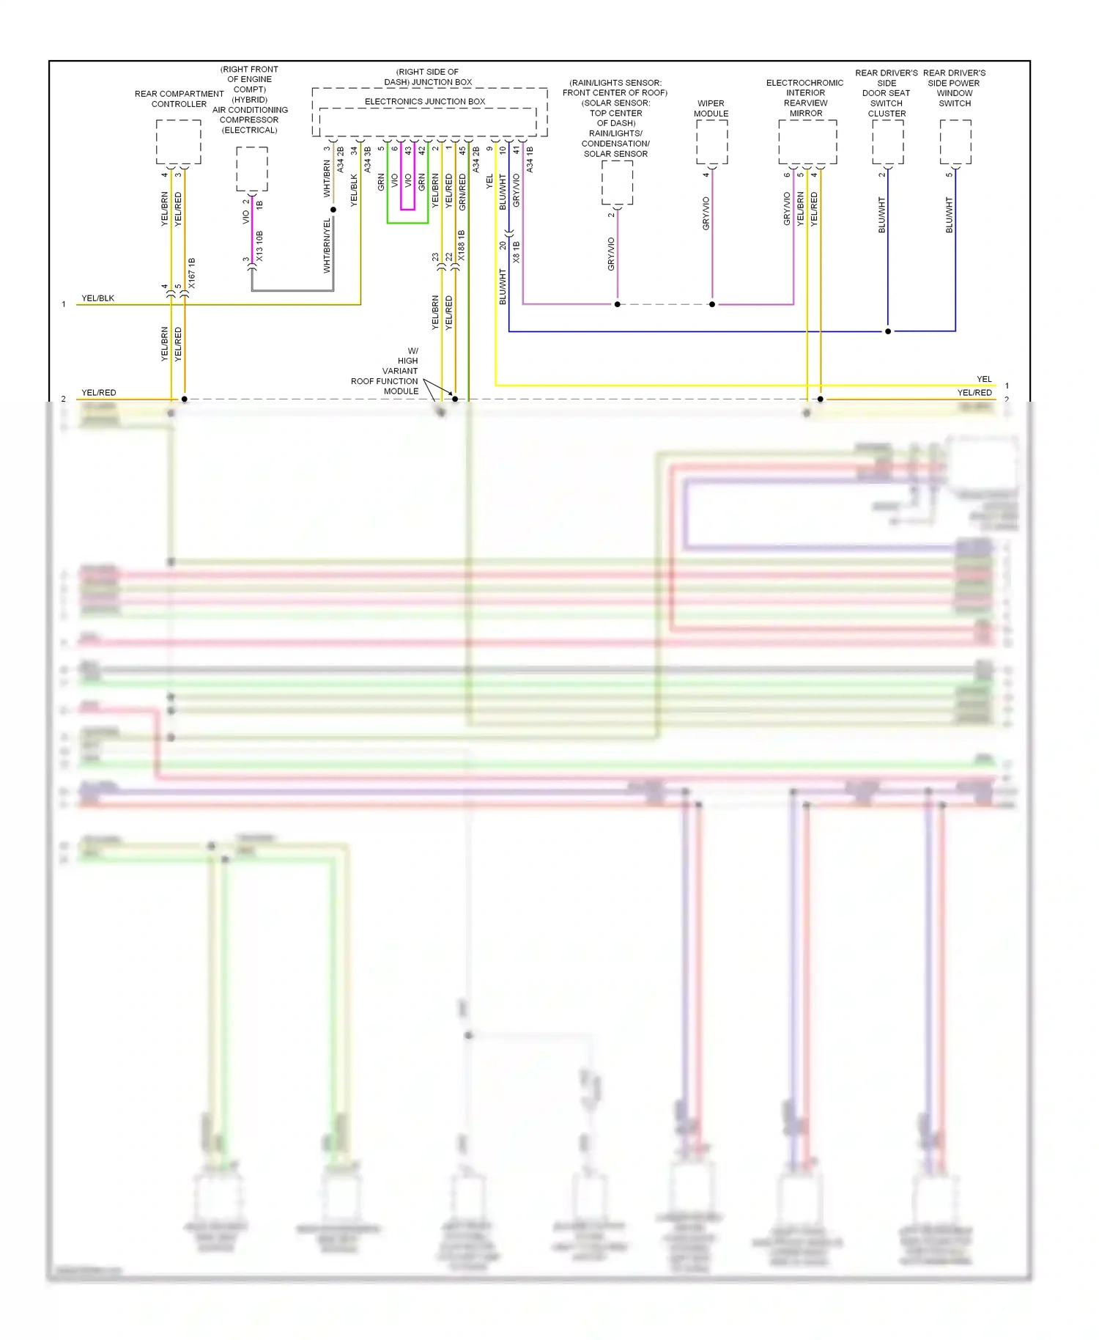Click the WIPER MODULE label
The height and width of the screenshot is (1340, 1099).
pos(711,108)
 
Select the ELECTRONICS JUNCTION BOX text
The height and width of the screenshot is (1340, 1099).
pos(425,101)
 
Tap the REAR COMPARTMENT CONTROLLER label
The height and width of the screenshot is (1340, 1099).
pos(179,99)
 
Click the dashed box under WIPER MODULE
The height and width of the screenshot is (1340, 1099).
pos(711,141)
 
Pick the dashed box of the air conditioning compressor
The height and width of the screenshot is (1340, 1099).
pos(252,169)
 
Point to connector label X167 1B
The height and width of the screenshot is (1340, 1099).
pos(192,273)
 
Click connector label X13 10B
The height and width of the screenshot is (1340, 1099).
pos(259,246)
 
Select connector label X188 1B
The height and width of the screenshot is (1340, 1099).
pos(462,246)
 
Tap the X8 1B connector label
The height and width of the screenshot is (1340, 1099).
pos(517,252)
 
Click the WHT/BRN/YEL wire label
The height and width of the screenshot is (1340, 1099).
pos(327,246)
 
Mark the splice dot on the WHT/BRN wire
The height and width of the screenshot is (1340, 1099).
pos(333,210)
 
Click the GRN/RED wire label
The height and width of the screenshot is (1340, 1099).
pos(462,192)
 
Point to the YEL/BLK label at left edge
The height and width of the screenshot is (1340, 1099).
pos(97,298)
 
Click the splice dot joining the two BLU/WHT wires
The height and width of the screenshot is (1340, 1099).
pos(888,331)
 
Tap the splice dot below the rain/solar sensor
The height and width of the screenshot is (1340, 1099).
pos(617,304)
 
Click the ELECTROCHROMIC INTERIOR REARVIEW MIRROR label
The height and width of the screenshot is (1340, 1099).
pos(805,98)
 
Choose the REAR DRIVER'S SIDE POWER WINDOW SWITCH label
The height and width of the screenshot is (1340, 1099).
pos(954,88)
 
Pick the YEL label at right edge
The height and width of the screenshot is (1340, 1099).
pos(984,379)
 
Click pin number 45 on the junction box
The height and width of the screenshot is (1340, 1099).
pos(462,150)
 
